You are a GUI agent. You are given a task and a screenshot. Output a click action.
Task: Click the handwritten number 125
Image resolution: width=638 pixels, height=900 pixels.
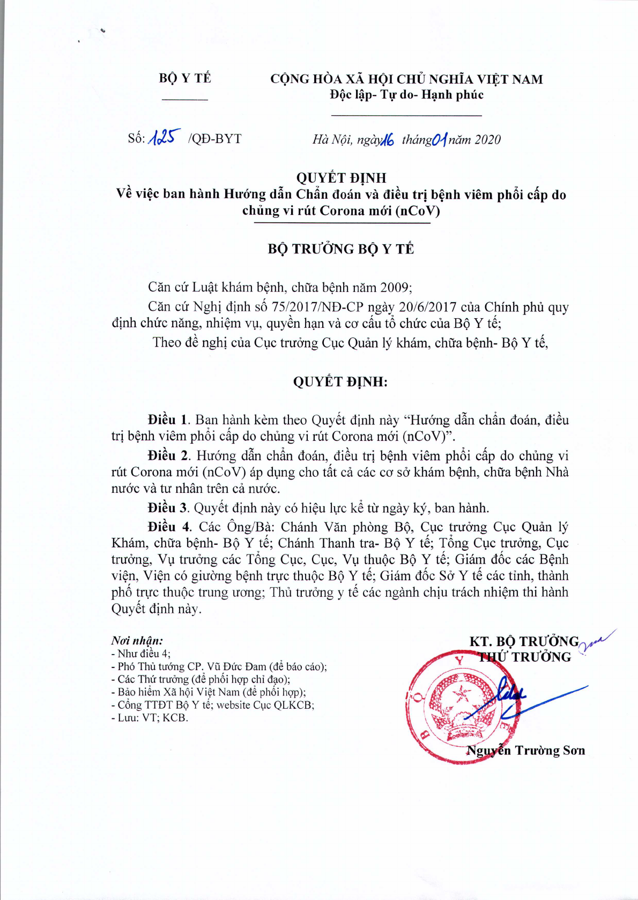click(164, 138)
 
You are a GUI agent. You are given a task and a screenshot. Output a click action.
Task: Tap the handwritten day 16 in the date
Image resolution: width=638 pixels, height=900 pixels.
click(388, 140)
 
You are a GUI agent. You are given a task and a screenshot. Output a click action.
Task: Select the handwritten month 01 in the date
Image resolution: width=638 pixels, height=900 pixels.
click(439, 140)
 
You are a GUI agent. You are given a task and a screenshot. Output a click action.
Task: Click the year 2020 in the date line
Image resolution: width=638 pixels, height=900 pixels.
click(487, 140)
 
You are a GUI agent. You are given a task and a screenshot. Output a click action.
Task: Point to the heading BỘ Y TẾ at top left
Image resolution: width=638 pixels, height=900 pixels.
click(185, 79)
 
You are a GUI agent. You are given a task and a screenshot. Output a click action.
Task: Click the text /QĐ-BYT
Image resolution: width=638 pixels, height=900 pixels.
click(215, 139)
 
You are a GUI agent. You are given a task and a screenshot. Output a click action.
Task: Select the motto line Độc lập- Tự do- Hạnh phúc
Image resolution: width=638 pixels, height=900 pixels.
click(406, 95)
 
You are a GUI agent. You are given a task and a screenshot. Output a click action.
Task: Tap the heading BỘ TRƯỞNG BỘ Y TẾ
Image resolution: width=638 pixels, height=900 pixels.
click(340, 249)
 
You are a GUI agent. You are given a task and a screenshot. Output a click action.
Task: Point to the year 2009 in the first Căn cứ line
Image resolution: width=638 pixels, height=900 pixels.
click(395, 288)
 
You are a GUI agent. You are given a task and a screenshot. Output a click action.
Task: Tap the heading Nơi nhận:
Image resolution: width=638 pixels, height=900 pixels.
click(137, 640)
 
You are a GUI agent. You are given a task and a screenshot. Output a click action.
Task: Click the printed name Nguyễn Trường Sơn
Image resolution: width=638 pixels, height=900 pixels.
click(525, 751)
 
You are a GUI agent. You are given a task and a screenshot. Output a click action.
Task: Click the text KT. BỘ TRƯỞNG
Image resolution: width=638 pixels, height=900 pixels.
click(524, 642)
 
